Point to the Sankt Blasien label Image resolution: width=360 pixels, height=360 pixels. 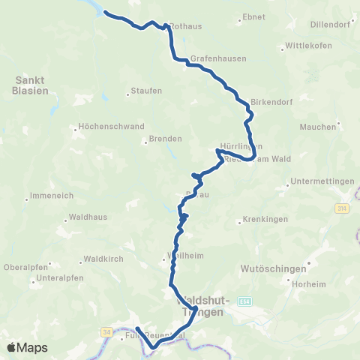point(31,84)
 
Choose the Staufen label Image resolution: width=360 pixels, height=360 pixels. point(146,91)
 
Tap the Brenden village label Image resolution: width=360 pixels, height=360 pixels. point(166,139)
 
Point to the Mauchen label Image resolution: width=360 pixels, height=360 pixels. point(318,127)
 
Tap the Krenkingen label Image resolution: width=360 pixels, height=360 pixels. point(262,221)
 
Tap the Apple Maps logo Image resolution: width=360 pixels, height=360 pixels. point(27,347)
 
